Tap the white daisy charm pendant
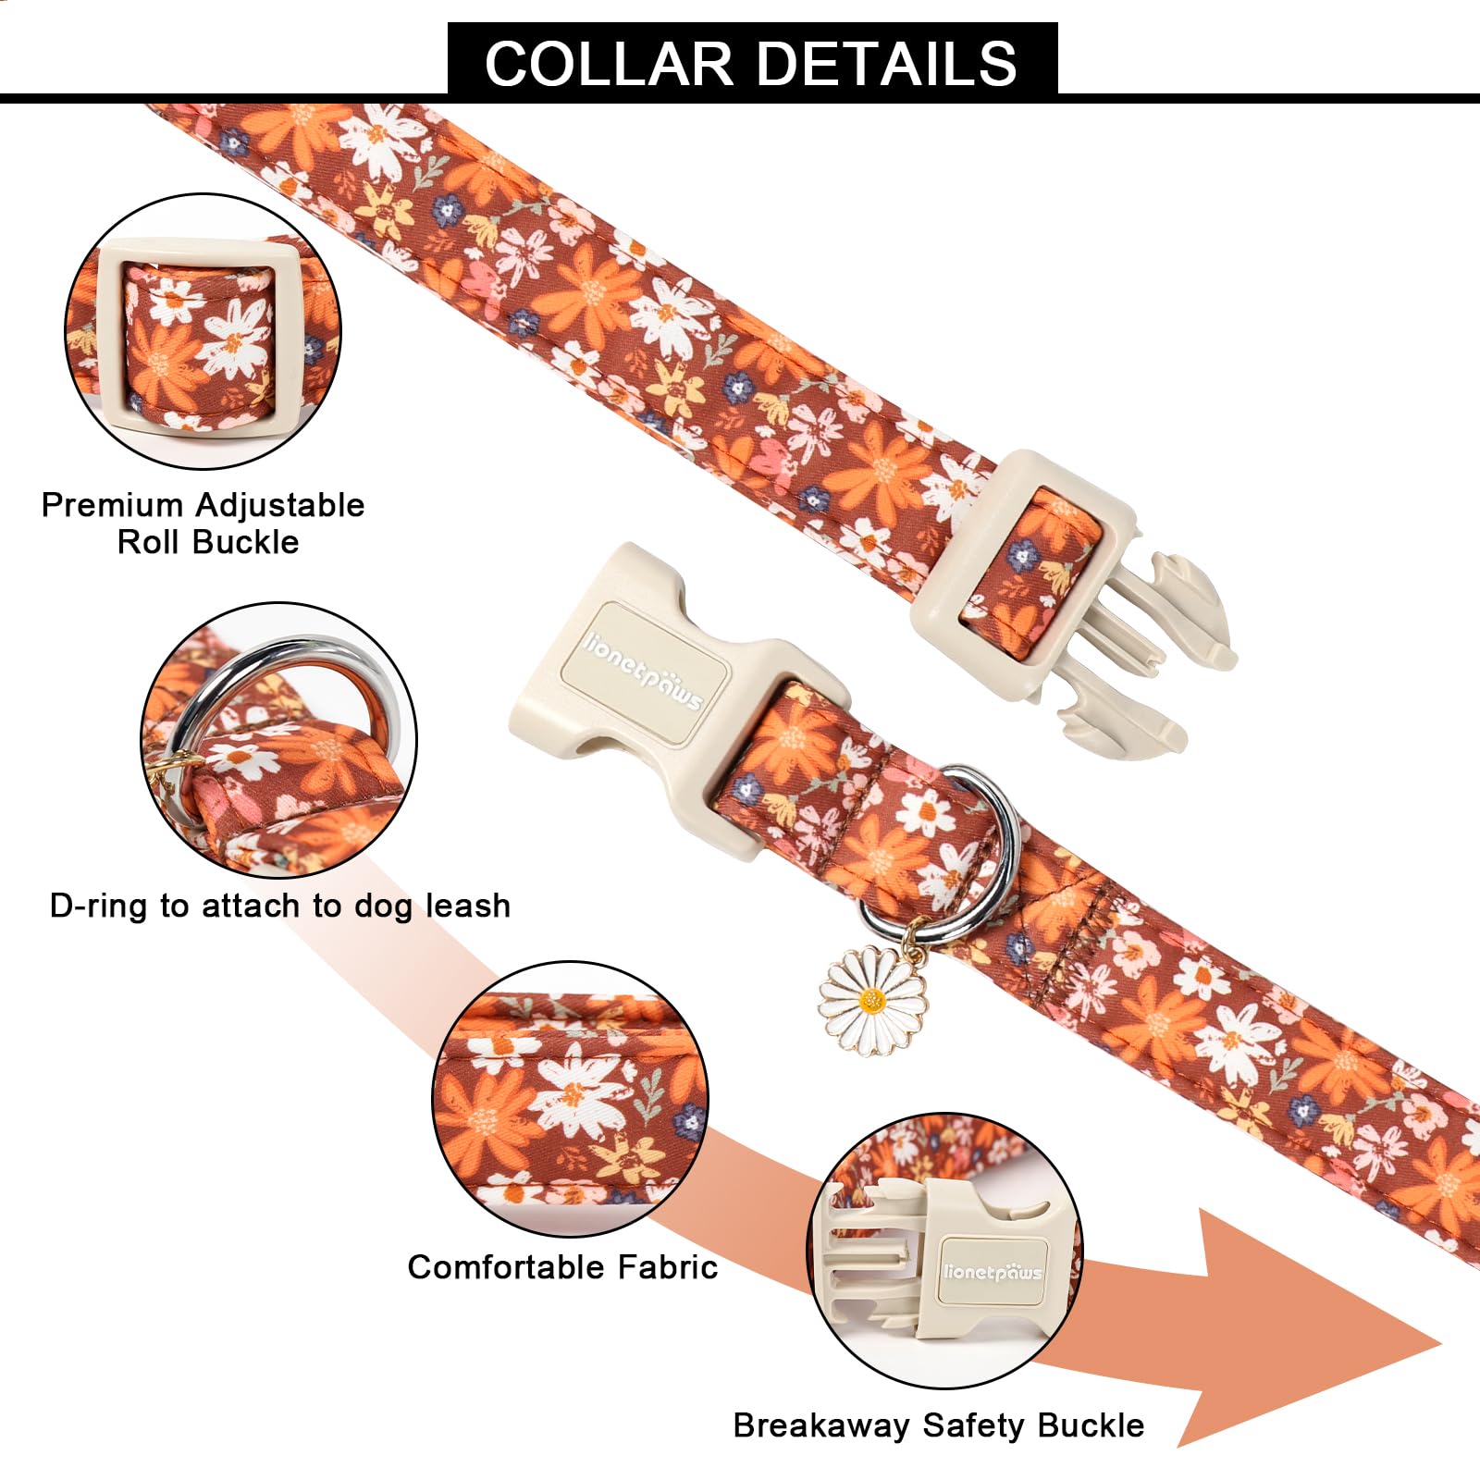click(x=871, y=1001)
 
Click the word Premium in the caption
click(x=113, y=505)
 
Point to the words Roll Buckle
click(x=208, y=542)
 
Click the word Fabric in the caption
click(x=668, y=1266)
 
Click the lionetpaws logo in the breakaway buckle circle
click(x=992, y=1272)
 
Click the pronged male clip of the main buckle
click(x=1147, y=647)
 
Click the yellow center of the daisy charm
click(x=871, y=1000)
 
